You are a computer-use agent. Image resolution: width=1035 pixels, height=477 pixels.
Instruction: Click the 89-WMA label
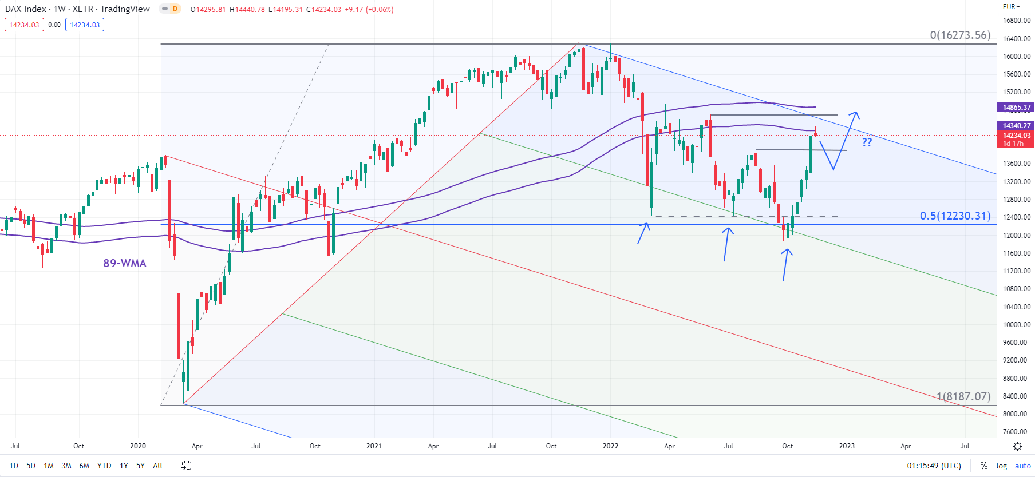[x=125, y=263]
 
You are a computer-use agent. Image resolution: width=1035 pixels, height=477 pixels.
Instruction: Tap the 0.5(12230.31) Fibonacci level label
[x=955, y=216]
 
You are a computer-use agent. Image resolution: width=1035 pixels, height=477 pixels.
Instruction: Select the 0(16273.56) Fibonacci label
[x=960, y=35]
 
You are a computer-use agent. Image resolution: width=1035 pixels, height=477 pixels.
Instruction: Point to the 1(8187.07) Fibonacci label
[x=963, y=396]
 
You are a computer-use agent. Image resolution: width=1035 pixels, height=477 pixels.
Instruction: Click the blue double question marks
[x=867, y=142]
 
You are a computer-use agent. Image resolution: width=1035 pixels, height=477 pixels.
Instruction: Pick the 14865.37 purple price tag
[x=1016, y=108]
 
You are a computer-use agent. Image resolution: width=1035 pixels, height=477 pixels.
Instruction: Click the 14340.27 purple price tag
[x=1016, y=125]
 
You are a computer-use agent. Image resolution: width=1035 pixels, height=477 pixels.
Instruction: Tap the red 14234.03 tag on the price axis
[x=1016, y=136]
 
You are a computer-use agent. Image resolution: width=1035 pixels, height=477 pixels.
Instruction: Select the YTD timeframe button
[x=104, y=466]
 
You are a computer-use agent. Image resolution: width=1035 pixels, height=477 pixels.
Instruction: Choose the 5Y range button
[x=140, y=466]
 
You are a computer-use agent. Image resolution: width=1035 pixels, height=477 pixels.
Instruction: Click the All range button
[x=157, y=466]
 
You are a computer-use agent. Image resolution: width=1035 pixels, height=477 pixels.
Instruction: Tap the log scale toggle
[x=1001, y=466]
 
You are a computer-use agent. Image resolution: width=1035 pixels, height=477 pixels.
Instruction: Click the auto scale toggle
[x=1022, y=466]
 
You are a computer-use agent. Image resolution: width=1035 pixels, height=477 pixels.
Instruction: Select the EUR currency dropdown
[x=1012, y=7]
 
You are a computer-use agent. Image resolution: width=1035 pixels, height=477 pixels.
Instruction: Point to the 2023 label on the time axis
[x=847, y=446]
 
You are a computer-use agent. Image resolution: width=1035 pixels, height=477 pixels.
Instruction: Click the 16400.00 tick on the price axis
[x=1017, y=39]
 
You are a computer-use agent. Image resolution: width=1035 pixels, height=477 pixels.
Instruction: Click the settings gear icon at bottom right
[x=1017, y=446]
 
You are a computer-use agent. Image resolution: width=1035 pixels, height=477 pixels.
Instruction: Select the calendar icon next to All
[x=186, y=466]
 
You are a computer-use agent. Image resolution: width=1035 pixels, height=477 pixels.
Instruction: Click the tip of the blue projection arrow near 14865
[x=856, y=112]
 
